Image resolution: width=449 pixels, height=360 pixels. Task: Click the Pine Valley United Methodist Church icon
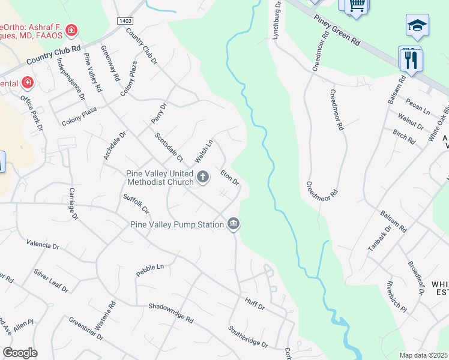pos(203,177)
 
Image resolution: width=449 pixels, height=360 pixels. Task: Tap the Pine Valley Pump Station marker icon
pos(233,224)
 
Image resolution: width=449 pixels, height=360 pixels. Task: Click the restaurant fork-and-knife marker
pos(412,60)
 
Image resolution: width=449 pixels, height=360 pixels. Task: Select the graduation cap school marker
pos(417,26)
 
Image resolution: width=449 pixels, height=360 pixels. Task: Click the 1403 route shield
pos(125,21)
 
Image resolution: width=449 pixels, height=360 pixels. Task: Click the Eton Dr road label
pos(230,178)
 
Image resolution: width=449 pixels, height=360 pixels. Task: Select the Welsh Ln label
pos(204,151)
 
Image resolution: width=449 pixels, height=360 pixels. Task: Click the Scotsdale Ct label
pos(169,148)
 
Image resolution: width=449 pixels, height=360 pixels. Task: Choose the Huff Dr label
pos(255,303)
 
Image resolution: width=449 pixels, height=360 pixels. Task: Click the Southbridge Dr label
pos(248,336)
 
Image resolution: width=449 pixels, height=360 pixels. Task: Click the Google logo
pos(20,353)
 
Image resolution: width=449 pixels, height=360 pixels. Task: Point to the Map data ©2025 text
pos(423,355)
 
